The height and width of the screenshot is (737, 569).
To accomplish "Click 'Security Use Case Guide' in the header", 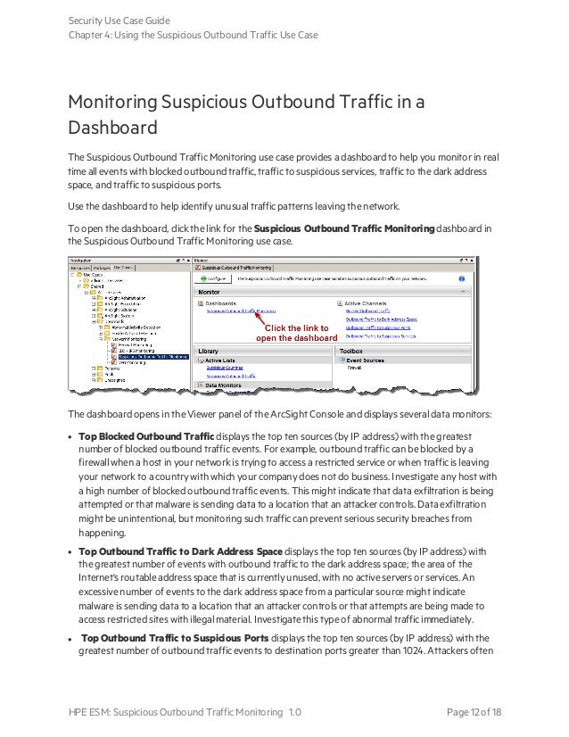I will tap(120, 20).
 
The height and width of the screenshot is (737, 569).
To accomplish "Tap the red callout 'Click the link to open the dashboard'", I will tap(297, 333).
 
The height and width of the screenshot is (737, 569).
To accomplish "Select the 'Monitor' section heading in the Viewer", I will tap(210, 292).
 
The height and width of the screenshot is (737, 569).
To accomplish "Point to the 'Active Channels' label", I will tap(365, 303).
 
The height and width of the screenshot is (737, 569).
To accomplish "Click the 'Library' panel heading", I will tap(209, 352).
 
